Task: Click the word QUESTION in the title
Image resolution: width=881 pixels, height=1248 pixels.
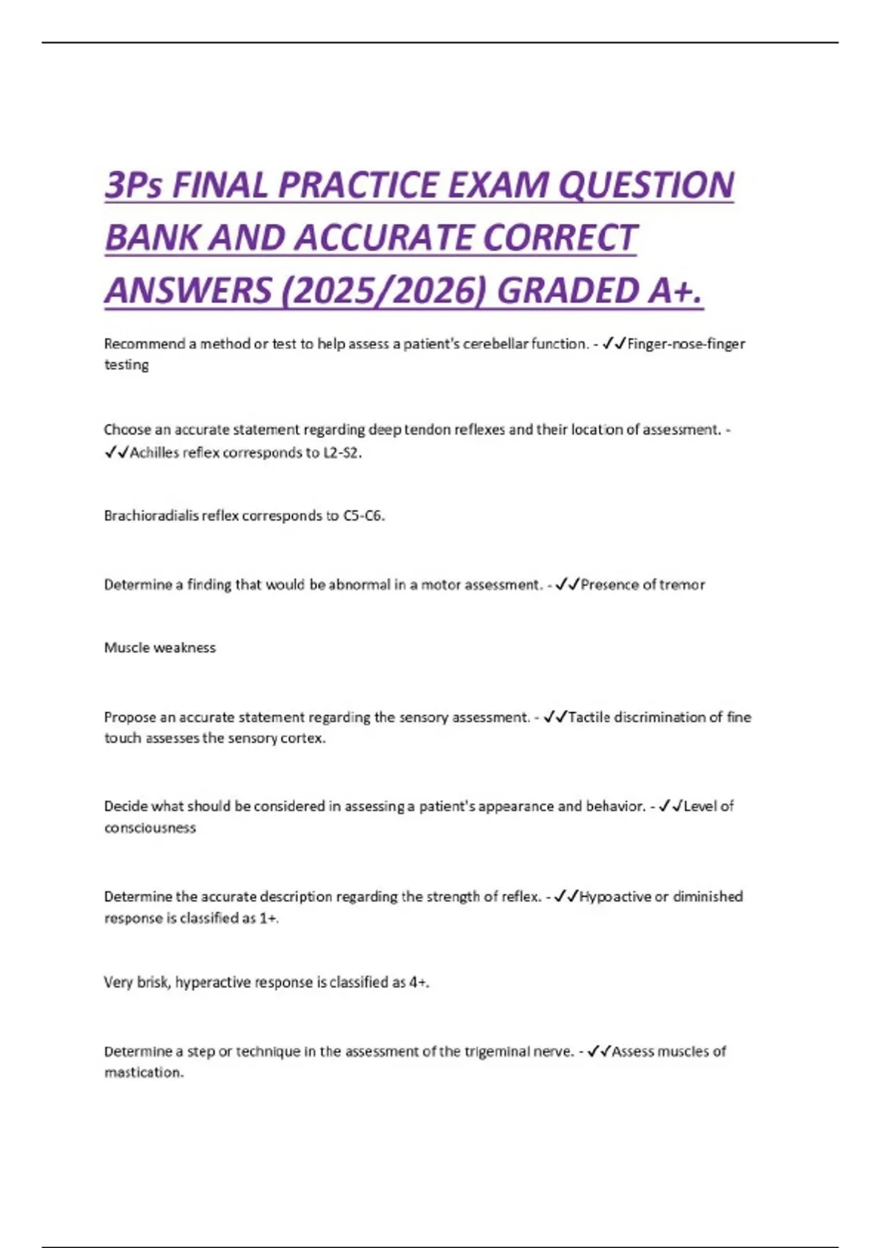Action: [646, 185]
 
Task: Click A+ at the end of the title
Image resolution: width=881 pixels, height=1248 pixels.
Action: [675, 291]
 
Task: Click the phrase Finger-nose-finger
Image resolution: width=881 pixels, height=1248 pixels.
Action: [686, 344]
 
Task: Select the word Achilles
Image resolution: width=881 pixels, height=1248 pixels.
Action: [154, 452]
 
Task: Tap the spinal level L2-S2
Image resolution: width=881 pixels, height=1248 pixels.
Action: [342, 452]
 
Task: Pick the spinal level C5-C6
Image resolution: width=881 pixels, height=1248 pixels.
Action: [363, 515]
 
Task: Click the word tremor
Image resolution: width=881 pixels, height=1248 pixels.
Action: [682, 585]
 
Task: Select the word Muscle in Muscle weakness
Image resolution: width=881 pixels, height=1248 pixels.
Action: [126, 647]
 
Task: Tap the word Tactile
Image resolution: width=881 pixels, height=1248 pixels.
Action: [589, 717]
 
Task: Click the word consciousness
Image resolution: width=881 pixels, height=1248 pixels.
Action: [150, 828]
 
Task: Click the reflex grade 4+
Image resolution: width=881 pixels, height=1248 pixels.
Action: [418, 982]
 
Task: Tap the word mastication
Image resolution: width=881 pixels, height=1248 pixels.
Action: [143, 1073]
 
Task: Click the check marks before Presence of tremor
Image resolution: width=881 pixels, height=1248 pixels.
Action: [568, 585]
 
